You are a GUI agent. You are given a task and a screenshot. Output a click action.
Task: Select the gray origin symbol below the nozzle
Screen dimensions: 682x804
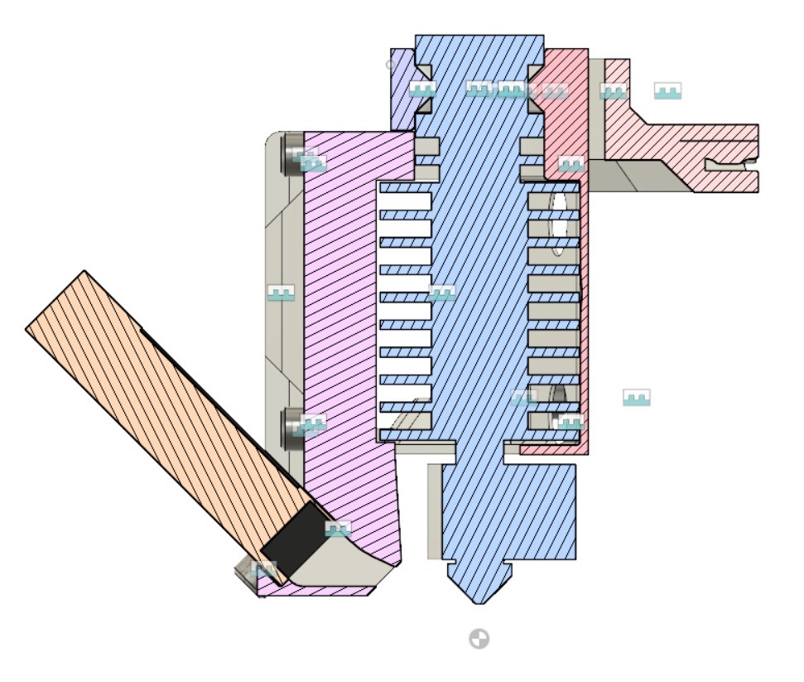tap(479, 639)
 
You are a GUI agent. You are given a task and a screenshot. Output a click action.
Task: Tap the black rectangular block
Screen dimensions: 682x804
tap(294, 532)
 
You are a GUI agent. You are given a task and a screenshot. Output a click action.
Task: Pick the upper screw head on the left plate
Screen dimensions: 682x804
tap(293, 154)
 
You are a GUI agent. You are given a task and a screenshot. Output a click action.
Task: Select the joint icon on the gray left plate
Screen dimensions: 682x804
tap(282, 293)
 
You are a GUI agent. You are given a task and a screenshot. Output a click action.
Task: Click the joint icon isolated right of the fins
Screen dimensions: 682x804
tap(636, 398)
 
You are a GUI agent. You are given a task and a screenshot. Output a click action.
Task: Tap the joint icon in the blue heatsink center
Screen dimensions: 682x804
tap(441, 293)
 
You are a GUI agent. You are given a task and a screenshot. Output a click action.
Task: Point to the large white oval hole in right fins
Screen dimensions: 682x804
tap(561, 222)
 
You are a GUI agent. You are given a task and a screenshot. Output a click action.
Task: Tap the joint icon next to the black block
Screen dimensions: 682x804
tap(338, 529)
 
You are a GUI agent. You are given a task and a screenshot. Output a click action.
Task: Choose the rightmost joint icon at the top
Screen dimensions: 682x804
tap(667, 90)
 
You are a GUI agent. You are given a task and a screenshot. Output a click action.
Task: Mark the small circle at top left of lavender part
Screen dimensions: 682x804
tap(391, 64)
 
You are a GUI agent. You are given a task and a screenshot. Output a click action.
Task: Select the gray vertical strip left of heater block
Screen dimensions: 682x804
tap(434, 510)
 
